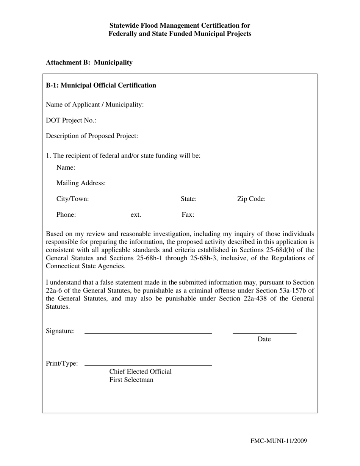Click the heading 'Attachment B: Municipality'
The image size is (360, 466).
89,63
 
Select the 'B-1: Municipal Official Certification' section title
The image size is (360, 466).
101,85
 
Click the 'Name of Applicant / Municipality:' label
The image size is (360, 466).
95,105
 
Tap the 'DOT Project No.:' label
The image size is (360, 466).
71,120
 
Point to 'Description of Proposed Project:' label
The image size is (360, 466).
92,136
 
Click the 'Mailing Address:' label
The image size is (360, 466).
81,183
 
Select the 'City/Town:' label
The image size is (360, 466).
72,199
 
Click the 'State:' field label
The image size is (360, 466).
188,199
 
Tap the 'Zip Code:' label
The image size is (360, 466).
251,199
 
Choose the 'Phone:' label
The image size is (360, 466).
66,215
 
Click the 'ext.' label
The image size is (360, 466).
136,215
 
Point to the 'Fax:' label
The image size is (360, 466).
188,215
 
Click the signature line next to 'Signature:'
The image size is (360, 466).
148,333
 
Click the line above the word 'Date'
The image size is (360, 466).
264,333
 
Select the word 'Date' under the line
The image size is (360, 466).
264,339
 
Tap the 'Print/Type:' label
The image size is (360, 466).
62,363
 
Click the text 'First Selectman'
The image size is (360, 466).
131,380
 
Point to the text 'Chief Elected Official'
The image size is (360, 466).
140,371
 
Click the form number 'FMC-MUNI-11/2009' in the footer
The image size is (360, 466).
279,441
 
